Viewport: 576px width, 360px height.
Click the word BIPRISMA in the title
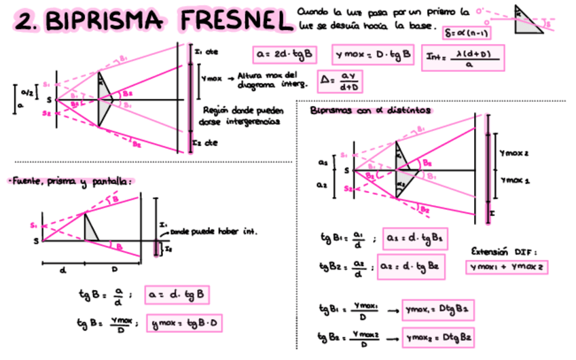pos(105,22)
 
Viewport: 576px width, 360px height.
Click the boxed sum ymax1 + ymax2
pos(507,267)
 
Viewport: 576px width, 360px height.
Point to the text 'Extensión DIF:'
pos(505,250)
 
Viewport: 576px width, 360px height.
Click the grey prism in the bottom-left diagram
pos(90,227)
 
